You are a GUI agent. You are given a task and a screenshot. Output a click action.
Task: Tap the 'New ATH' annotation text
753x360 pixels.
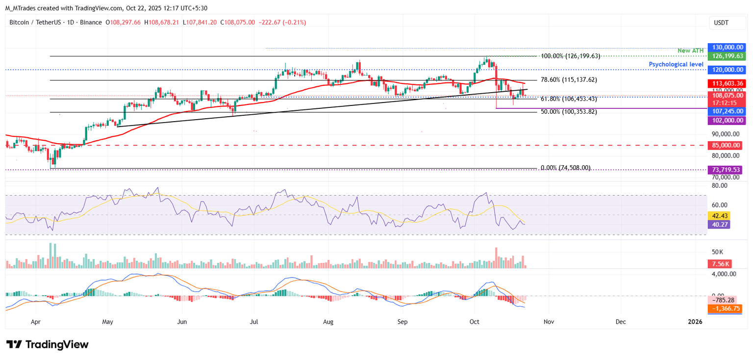pyautogui.click(x=690, y=51)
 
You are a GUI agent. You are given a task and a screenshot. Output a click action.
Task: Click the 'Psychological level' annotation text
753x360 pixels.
pyautogui.click(x=676, y=64)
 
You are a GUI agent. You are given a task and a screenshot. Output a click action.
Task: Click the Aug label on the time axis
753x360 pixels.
pyautogui.click(x=328, y=322)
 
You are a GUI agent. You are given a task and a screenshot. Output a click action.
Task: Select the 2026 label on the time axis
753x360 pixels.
pyautogui.click(x=695, y=322)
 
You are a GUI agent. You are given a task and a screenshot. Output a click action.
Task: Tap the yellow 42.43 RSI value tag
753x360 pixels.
pyautogui.click(x=719, y=216)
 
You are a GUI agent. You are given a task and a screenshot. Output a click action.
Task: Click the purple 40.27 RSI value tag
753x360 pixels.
pyautogui.click(x=719, y=224)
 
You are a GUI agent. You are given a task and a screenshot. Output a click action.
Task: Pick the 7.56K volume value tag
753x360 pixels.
pyautogui.click(x=719, y=263)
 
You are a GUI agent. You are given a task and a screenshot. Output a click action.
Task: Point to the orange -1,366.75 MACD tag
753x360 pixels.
pyautogui.click(x=724, y=309)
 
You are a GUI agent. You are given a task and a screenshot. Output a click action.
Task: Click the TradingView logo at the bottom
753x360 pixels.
pyautogui.click(x=48, y=344)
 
